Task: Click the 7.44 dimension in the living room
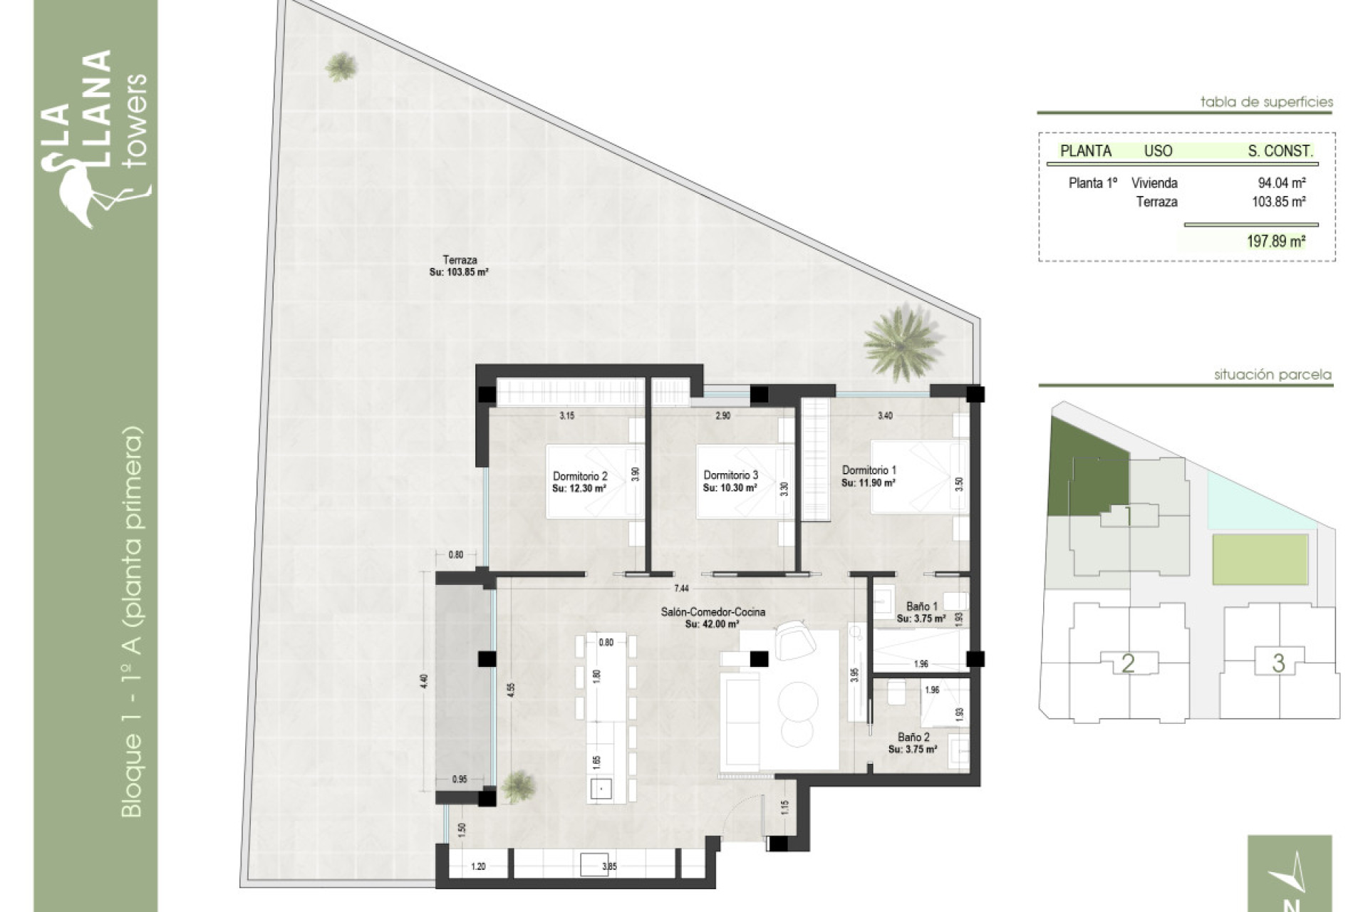682,588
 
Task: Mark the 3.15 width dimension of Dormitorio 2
566,415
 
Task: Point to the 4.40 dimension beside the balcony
425,681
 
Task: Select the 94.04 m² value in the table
1281,183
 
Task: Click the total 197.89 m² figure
1275,242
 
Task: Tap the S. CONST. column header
1280,151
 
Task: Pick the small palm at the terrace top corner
341,67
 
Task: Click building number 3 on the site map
1278,663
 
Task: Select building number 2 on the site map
1128,663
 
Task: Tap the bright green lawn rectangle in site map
1260,560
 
